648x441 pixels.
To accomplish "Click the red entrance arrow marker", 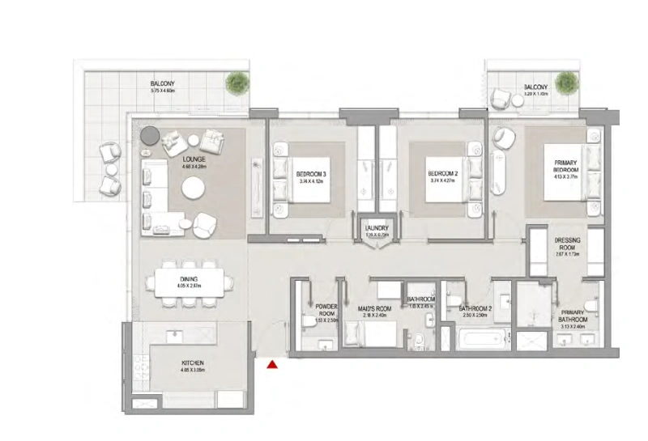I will click(x=273, y=365).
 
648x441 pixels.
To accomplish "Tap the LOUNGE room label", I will click(x=194, y=160).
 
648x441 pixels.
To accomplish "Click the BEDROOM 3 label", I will click(x=311, y=174).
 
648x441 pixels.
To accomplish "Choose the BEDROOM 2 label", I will click(x=443, y=174).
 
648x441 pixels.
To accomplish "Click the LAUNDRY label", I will click(x=377, y=229).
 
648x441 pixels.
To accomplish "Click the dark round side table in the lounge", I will click(x=150, y=135).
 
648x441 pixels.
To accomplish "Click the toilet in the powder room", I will click(x=306, y=322).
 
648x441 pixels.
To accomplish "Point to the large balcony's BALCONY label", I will click(x=163, y=84).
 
